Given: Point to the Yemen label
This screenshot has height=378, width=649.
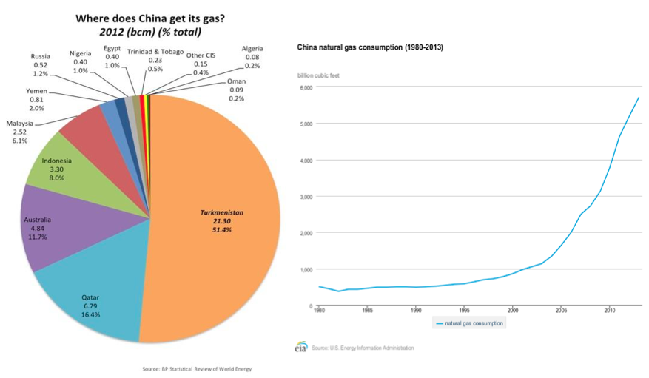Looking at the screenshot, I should (x=37, y=99).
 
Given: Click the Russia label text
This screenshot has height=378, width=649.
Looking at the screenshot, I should (x=41, y=64).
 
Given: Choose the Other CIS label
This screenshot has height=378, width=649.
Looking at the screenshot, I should (x=201, y=63).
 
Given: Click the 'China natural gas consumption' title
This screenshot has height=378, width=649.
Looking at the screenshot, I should (x=370, y=47).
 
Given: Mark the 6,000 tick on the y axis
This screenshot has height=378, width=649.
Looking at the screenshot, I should (x=306, y=87).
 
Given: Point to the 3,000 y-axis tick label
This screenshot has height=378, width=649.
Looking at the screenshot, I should (x=306, y=197).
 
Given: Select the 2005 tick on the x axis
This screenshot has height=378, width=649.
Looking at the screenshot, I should (x=561, y=311).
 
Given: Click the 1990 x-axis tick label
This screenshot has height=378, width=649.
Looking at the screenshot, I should (x=416, y=311).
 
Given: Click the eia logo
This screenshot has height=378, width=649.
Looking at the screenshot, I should (x=301, y=348).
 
